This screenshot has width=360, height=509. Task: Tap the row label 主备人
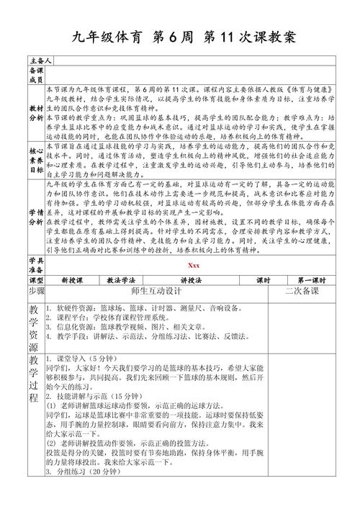(x=37, y=60)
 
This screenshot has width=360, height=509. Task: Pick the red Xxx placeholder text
(x=194, y=265)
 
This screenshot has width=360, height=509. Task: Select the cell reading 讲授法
(x=192, y=279)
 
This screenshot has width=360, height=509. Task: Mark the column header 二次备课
(x=301, y=292)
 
